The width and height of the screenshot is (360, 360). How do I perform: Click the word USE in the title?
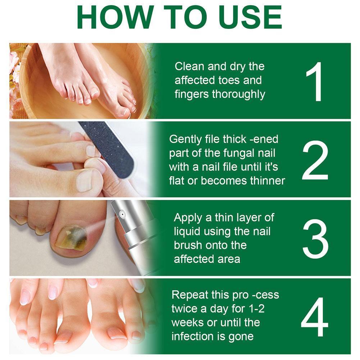click(x=245, y=17)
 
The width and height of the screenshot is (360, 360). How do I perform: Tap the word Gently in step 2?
click(x=184, y=140)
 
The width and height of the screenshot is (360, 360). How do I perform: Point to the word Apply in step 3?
click(x=188, y=218)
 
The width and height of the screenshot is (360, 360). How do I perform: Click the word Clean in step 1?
click(x=189, y=67)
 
